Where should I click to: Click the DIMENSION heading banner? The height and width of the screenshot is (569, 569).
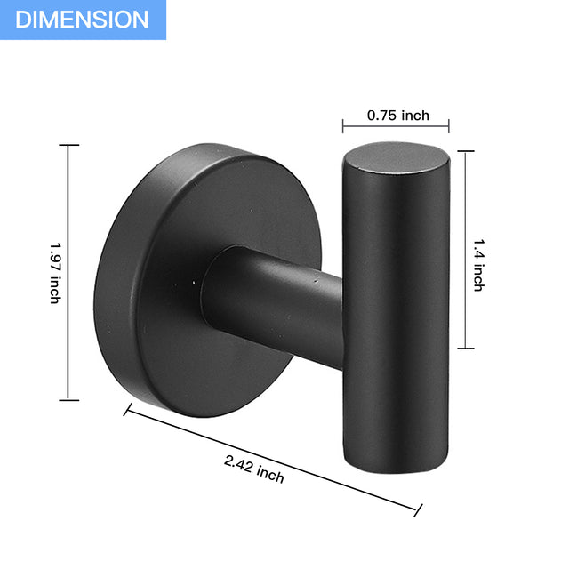[x=83, y=20]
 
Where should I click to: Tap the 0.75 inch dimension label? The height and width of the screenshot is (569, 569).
[x=398, y=115]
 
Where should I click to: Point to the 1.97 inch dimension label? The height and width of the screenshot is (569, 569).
[x=54, y=273]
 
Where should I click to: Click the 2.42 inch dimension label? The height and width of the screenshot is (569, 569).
[x=254, y=468]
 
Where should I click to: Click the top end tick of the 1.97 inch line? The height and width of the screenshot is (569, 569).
[x=68, y=146]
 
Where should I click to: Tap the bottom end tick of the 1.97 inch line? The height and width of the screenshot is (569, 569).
[x=68, y=401]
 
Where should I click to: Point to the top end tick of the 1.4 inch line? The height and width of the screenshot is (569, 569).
[x=464, y=151]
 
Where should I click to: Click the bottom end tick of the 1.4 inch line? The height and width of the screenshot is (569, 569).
[x=464, y=349]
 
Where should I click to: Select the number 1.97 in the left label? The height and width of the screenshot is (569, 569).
[x=54, y=257]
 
